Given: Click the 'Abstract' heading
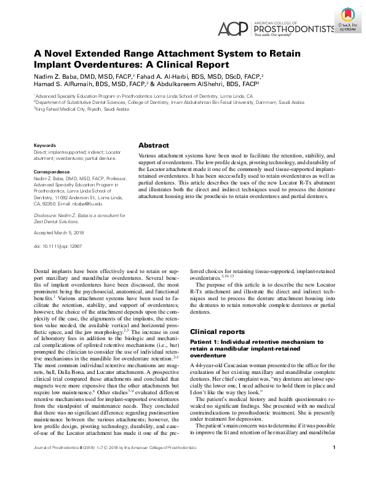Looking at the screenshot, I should tap(154, 146).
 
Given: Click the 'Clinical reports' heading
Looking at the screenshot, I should tap(217, 332).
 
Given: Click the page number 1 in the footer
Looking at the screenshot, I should tap(333, 465).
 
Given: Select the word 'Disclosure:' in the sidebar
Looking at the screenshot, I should tap(47, 215).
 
